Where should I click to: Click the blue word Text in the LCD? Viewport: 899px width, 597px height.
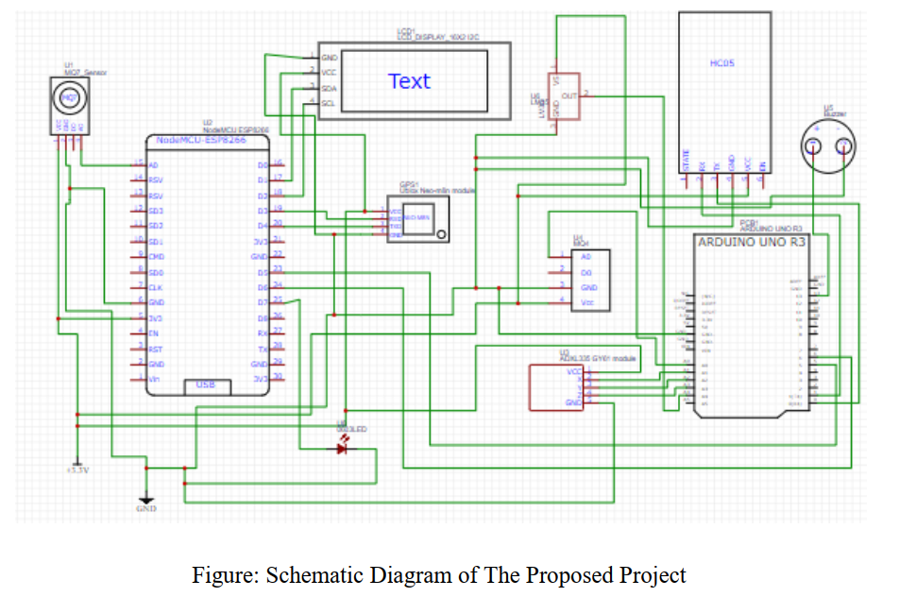pos(409,81)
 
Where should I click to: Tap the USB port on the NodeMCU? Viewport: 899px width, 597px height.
pos(205,384)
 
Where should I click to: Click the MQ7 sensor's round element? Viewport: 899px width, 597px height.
pos(68,95)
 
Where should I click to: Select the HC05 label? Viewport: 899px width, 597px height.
pos(722,63)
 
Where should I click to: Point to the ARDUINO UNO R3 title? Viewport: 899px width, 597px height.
pos(752,242)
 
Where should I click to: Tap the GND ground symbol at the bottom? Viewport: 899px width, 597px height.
pos(144,502)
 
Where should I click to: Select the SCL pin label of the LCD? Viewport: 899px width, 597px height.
pos(329,103)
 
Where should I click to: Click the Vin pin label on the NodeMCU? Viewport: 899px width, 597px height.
pos(154,378)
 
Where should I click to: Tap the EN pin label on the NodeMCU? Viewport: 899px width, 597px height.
pos(153,333)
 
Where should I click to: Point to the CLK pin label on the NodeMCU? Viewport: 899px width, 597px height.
pos(155,286)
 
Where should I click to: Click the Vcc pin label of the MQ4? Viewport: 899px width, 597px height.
pos(587,302)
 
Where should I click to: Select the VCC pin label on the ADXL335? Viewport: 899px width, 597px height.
pos(574,372)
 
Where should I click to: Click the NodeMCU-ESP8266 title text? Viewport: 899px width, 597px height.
pos(200,139)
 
